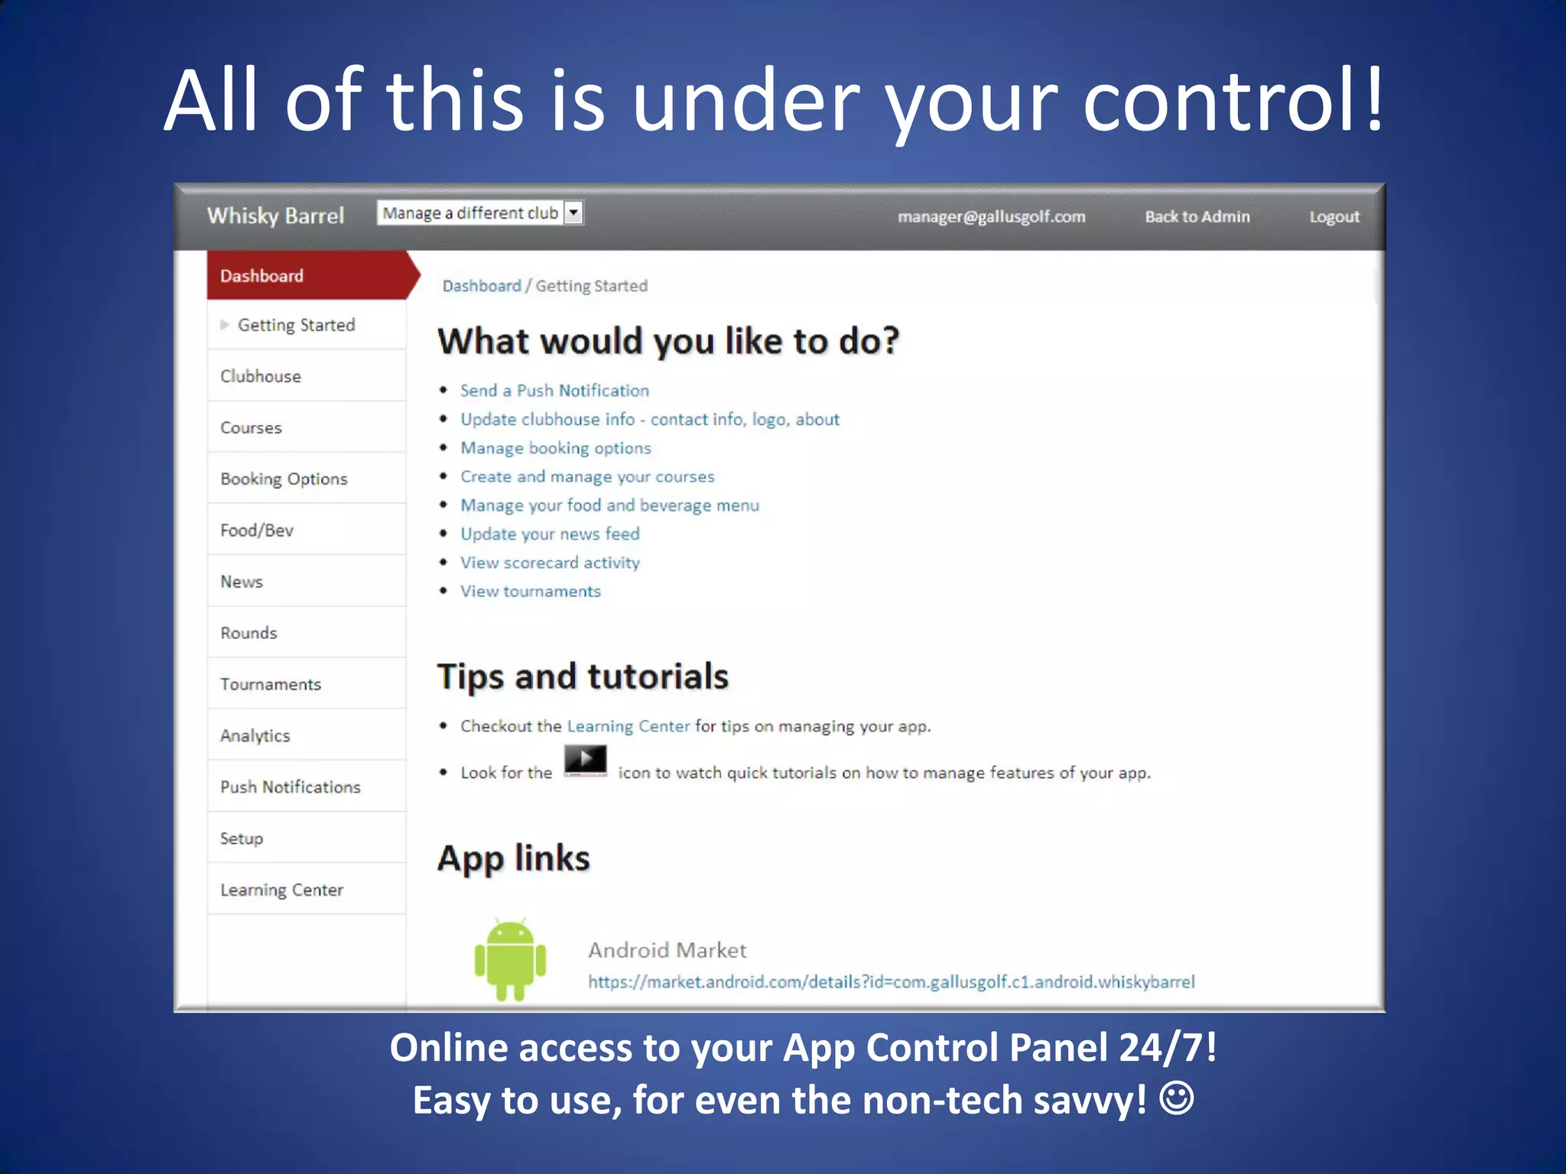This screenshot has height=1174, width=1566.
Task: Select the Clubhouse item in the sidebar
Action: pyautogui.click(x=261, y=376)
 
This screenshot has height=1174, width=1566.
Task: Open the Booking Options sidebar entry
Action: pyautogui.click(x=284, y=478)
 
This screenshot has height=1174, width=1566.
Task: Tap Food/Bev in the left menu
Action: pyautogui.click(x=257, y=530)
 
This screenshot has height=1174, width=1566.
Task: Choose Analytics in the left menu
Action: pyautogui.click(x=255, y=735)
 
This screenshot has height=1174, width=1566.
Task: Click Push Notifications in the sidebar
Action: pyautogui.click(x=291, y=786)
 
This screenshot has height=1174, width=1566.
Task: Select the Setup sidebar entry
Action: pyautogui.click(x=242, y=838)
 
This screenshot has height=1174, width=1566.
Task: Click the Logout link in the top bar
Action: pyautogui.click(x=1334, y=216)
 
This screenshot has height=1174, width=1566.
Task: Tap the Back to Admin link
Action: pyautogui.click(x=1197, y=216)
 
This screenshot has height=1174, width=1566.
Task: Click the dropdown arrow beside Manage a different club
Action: pyautogui.click(x=573, y=212)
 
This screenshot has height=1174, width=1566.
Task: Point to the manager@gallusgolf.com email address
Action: pyautogui.click(x=992, y=216)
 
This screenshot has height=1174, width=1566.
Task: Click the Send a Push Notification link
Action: pyautogui.click(x=554, y=391)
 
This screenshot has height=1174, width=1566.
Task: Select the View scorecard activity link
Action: pyautogui.click(x=550, y=563)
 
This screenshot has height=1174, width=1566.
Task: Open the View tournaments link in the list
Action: pyautogui.click(x=531, y=592)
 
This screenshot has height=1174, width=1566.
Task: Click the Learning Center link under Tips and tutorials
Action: pyautogui.click(x=629, y=726)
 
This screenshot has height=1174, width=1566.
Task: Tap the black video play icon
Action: pyautogui.click(x=586, y=761)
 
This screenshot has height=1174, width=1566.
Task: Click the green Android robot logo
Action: pyautogui.click(x=510, y=959)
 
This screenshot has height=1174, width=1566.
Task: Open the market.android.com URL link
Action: pyautogui.click(x=891, y=982)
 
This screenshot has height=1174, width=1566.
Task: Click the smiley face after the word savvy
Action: pyautogui.click(x=1177, y=1098)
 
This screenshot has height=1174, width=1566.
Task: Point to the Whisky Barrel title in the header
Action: pyautogui.click(x=276, y=216)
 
